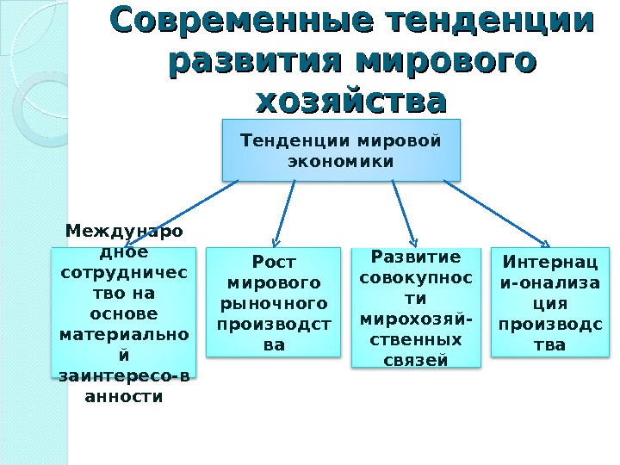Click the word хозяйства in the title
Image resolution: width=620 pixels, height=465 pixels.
click(352, 101)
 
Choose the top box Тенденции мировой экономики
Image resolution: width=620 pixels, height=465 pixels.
click(341, 151)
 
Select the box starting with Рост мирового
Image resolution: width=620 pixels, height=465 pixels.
click(274, 301)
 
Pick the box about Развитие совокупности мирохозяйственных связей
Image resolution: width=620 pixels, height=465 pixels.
click(416, 307)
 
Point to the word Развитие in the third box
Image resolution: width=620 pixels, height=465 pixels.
click(416, 257)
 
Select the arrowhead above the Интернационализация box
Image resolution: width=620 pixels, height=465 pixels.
click(544, 242)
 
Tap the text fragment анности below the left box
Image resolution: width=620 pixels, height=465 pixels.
click(123, 397)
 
